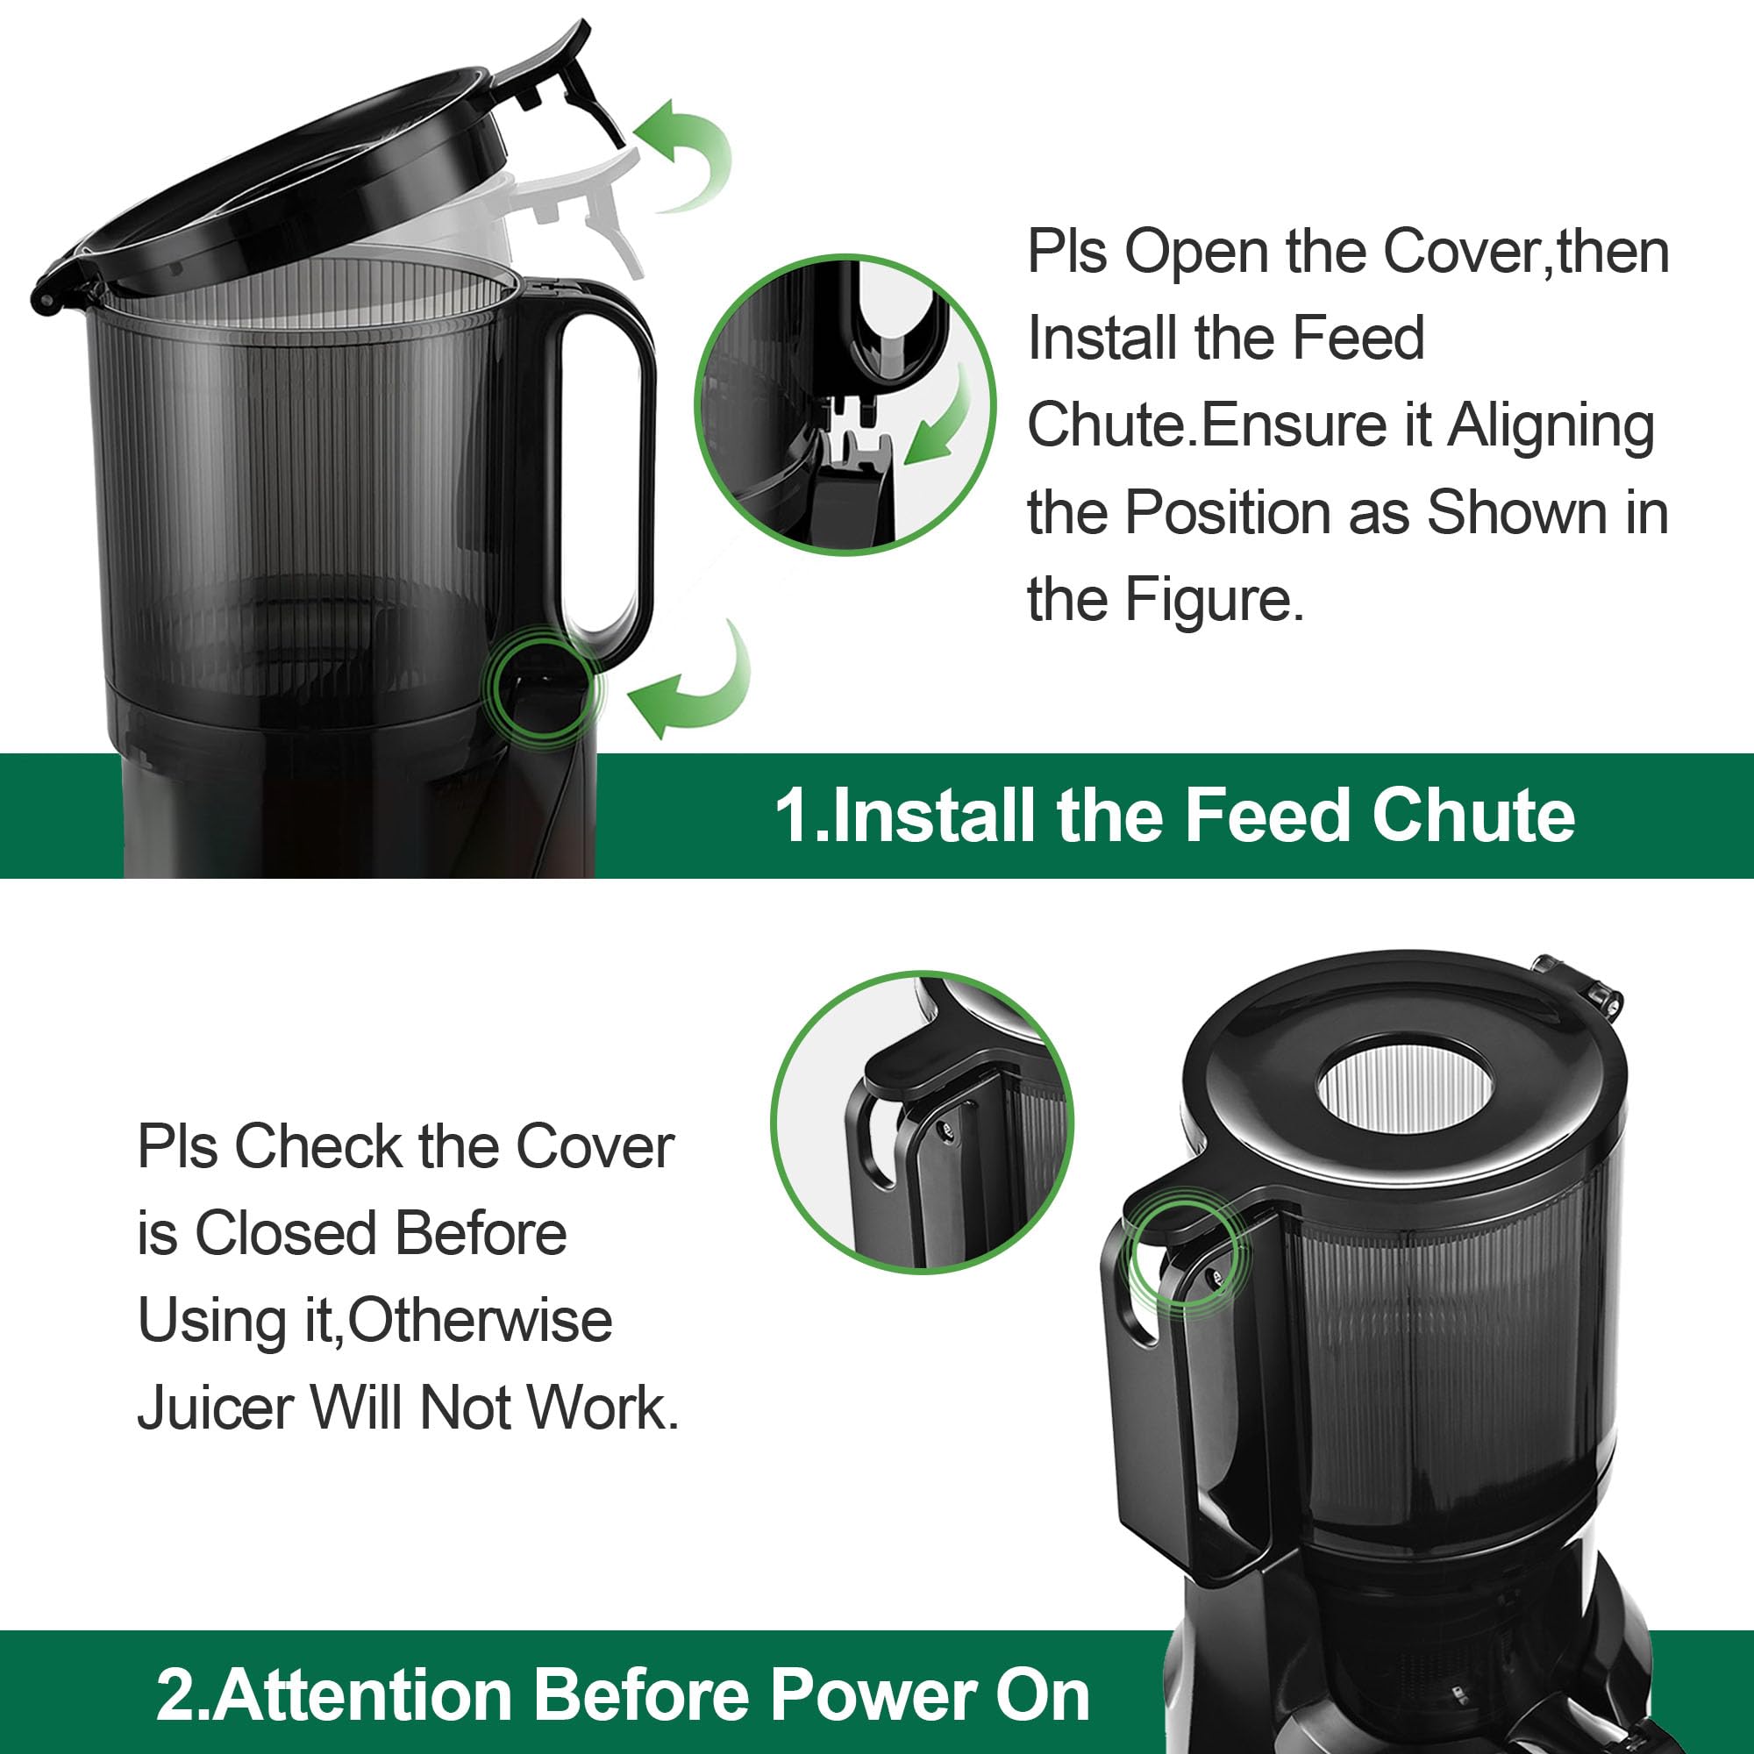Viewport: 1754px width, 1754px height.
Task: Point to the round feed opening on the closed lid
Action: (x=1403, y=1087)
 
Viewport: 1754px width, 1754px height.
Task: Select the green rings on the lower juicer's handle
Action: (x=1186, y=1254)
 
